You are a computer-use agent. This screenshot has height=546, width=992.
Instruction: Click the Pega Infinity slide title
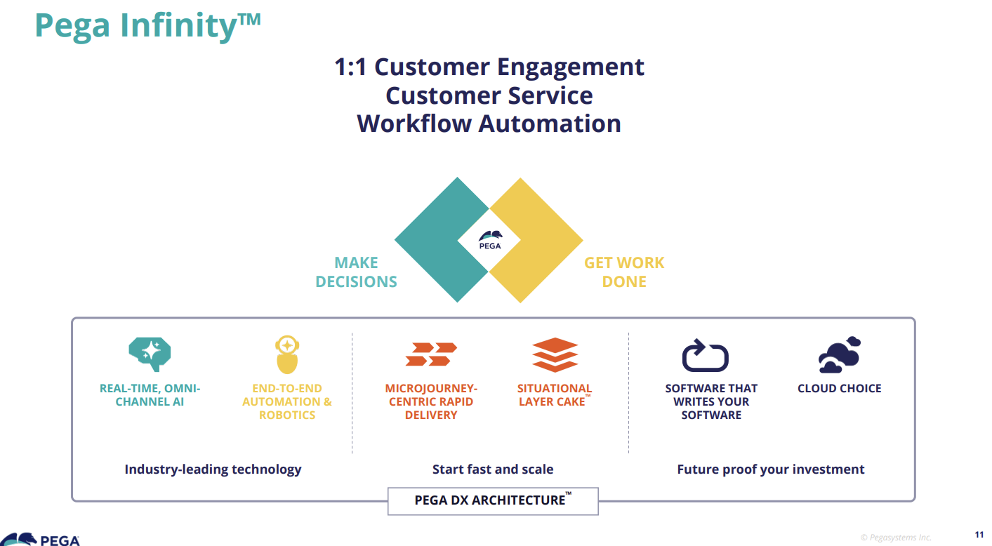click(147, 26)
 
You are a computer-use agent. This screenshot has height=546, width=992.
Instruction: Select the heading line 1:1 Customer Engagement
click(489, 67)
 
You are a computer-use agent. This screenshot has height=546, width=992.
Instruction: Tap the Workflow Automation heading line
click(489, 124)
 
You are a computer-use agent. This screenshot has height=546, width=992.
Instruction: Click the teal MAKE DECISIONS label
click(356, 272)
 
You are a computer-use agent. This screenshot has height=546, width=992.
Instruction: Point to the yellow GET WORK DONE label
click(624, 272)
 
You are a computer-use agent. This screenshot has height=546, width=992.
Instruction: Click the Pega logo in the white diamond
click(489, 240)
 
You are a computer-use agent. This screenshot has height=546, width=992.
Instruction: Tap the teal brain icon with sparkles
click(150, 353)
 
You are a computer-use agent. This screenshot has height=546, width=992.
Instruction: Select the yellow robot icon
click(286, 354)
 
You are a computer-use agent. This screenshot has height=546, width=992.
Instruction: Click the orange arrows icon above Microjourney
click(431, 354)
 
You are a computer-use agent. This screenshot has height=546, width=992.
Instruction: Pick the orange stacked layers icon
click(555, 354)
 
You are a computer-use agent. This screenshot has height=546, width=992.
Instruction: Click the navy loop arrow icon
click(706, 355)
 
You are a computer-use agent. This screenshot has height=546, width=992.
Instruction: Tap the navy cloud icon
click(840, 355)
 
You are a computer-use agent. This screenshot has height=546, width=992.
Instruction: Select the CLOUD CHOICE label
click(839, 388)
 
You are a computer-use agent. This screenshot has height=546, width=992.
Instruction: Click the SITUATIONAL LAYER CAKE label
click(554, 395)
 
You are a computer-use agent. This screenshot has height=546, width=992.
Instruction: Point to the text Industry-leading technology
click(213, 470)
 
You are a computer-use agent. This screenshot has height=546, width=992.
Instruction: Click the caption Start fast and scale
click(493, 470)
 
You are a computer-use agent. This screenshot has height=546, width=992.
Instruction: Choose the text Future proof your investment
click(771, 470)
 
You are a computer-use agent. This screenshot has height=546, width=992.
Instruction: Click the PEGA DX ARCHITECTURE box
click(493, 500)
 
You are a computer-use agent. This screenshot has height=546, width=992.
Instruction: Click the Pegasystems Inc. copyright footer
click(896, 538)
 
